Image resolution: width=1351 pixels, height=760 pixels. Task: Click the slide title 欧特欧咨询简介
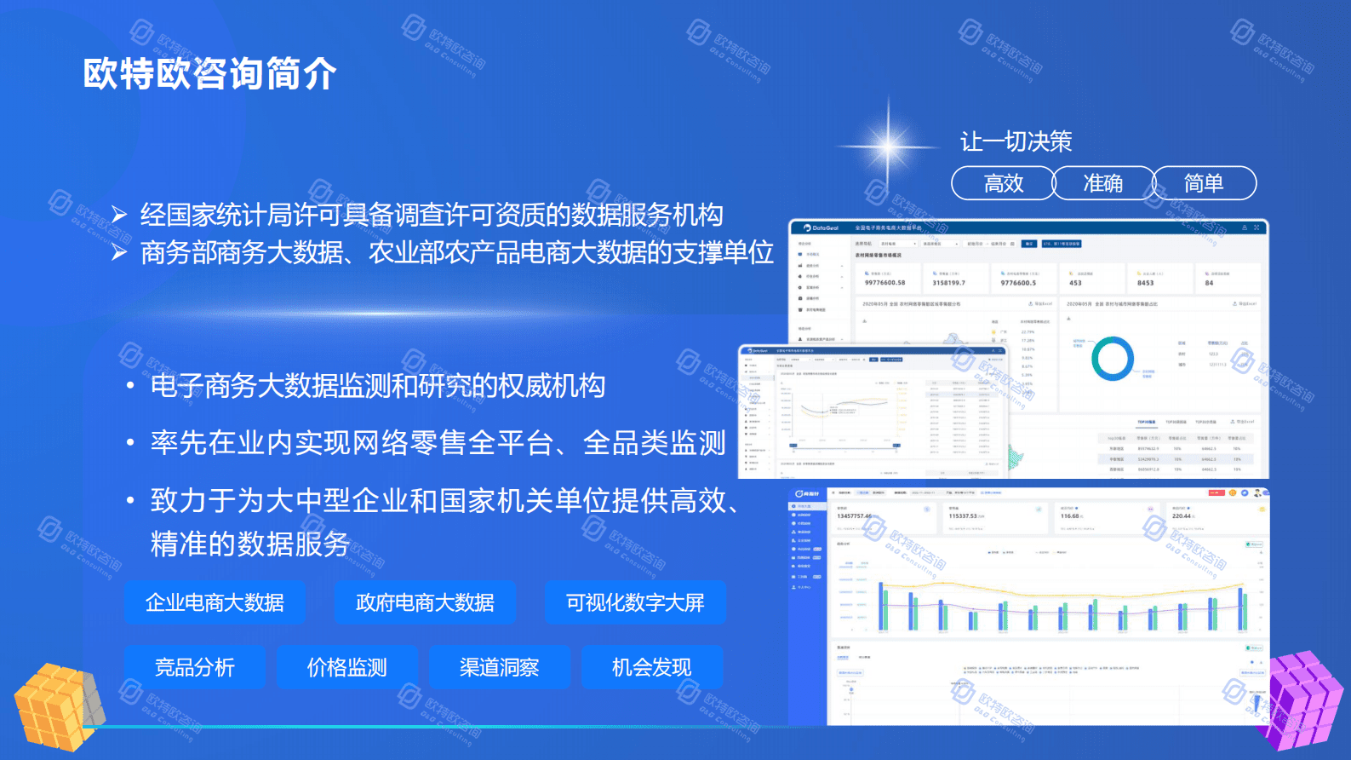point(209,74)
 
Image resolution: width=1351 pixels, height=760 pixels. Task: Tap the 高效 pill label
point(1003,183)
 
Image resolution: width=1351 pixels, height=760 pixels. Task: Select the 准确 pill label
point(1102,183)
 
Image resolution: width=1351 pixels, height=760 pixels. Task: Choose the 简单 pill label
point(1204,183)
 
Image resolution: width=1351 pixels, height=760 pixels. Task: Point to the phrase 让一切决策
point(1016,141)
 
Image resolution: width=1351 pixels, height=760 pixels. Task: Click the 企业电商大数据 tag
point(215,602)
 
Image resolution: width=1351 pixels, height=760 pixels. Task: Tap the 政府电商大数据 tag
point(425,602)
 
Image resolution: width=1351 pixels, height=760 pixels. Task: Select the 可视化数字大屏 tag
point(635,602)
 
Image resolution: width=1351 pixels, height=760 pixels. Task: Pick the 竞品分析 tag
point(195,667)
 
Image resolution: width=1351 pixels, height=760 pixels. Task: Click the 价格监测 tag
point(347,667)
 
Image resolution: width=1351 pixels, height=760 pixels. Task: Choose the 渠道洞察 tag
point(500,667)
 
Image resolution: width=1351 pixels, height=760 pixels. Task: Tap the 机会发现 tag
point(652,667)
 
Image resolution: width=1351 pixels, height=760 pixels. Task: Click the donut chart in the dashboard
point(1113,358)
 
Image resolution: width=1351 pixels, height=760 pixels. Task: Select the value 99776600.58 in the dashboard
point(884,283)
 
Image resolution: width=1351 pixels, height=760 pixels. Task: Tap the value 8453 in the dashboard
point(1145,283)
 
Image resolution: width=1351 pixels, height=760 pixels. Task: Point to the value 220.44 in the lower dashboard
point(1182,516)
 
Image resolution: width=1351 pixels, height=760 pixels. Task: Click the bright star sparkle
point(889,145)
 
